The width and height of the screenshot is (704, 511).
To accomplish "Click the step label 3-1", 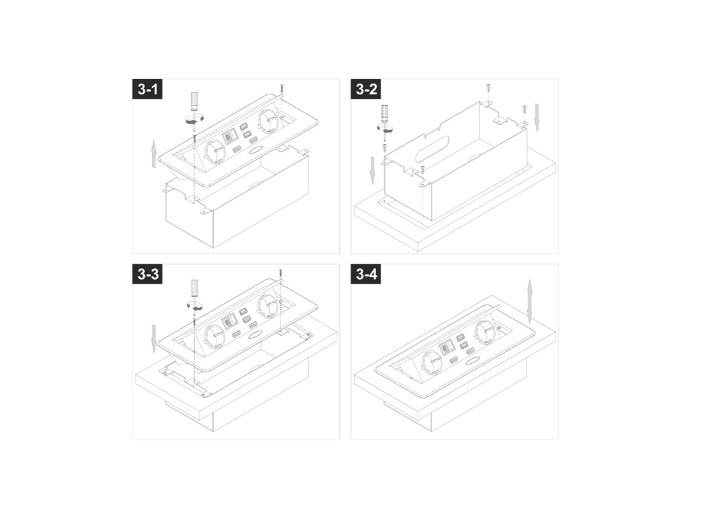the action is [x=147, y=89].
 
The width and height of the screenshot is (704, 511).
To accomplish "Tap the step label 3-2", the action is [x=366, y=89].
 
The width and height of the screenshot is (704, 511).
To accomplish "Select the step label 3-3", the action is [x=147, y=274].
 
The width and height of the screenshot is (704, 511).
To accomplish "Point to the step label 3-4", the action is [x=366, y=274].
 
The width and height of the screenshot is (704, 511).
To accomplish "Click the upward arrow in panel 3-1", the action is [x=153, y=153].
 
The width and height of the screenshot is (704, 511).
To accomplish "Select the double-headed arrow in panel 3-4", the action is [x=530, y=301].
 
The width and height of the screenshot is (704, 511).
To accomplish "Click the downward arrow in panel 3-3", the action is [x=153, y=338].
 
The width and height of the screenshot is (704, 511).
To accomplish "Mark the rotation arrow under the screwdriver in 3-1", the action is [x=195, y=120].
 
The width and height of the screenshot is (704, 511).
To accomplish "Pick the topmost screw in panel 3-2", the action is [x=488, y=87].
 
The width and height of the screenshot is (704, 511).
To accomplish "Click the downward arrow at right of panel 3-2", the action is [x=537, y=117].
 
